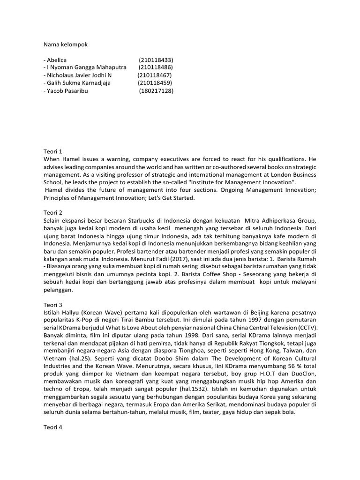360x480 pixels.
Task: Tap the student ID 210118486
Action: tap(156, 67)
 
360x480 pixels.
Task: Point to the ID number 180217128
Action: tap(156, 91)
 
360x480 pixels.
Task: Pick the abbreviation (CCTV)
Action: tap(303, 328)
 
